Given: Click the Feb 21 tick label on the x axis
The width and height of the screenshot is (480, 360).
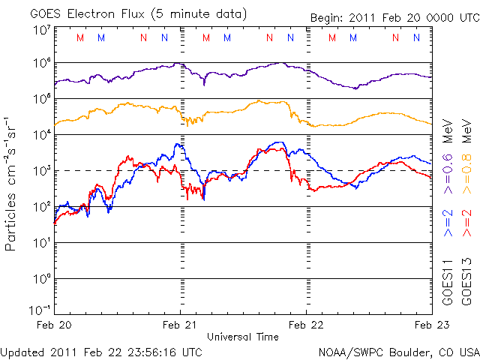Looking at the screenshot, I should pos(179,325).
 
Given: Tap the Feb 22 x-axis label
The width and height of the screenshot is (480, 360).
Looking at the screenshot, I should pos(305,325).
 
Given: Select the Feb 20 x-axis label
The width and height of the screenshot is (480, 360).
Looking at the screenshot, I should pos(54,325).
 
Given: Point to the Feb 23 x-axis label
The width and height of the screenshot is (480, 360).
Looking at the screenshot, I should pos(431,325).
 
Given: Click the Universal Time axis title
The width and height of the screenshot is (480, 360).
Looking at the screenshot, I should pos(242,337).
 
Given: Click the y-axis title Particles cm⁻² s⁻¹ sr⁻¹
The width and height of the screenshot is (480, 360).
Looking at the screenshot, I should pos(12,183).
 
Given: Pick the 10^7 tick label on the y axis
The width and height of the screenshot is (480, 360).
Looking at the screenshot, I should pos(40,29).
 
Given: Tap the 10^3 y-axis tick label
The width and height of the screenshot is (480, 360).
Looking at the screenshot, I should pos(40,171).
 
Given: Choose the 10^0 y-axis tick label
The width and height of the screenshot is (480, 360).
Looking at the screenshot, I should pos(40,278).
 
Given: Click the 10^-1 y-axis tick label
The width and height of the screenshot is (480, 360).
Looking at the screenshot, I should pos(38,310).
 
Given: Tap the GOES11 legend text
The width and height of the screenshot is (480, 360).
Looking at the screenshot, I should pos(448,282).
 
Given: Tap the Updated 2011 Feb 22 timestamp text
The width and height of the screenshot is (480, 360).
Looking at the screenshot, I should pos(101,351).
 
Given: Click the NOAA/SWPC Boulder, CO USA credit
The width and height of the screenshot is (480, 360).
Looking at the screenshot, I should pos(398,351).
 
